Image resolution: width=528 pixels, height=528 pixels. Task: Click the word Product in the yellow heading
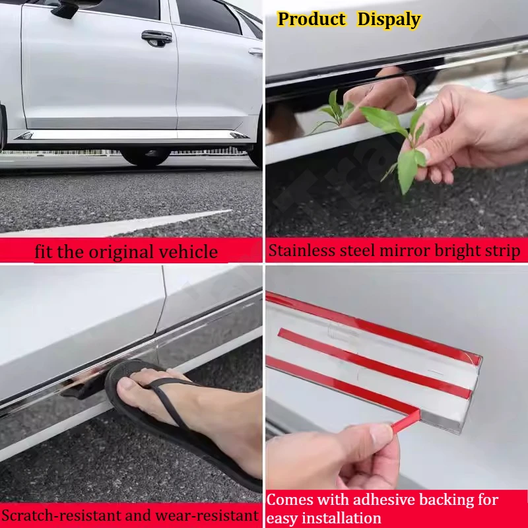[x=312, y=19]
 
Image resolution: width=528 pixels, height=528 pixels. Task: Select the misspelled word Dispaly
[x=389, y=19]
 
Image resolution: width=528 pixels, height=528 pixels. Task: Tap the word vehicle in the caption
[x=194, y=251]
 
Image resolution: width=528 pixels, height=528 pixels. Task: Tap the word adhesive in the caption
[x=380, y=500]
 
